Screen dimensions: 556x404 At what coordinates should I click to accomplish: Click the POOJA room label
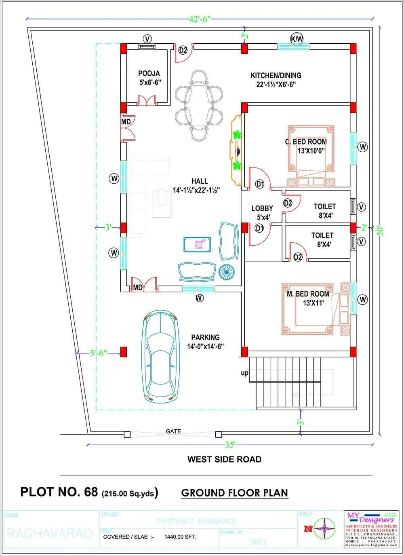[x=149, y=74]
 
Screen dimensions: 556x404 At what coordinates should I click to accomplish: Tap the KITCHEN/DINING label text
[x=276, y=76]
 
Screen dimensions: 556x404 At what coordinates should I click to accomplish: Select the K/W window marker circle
[x=297, y=39]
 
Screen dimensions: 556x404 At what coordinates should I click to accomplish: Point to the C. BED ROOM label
[x=306, y=142]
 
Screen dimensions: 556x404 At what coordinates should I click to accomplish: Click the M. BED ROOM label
[x=308, y=294]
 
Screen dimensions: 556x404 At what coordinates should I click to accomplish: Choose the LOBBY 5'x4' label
[x=262, y=208]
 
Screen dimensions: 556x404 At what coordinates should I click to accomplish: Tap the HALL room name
[x=200, y=181]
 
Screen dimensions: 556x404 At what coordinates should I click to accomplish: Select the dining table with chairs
[x=198, y=106]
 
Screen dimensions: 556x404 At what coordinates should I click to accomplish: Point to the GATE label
[x=173, y=431]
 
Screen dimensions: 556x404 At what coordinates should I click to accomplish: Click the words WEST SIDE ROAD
[x=224, y=459]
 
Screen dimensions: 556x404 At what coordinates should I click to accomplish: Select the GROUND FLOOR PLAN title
[x=234, y=492]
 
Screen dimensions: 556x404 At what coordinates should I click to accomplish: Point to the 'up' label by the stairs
[x=244, y=373]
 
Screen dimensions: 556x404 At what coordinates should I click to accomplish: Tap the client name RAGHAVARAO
[x=50, y=533]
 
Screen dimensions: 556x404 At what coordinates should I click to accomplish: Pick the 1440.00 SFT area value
[x=180, y=537]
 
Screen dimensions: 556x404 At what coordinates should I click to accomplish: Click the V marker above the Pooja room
[x=147, y=39]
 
